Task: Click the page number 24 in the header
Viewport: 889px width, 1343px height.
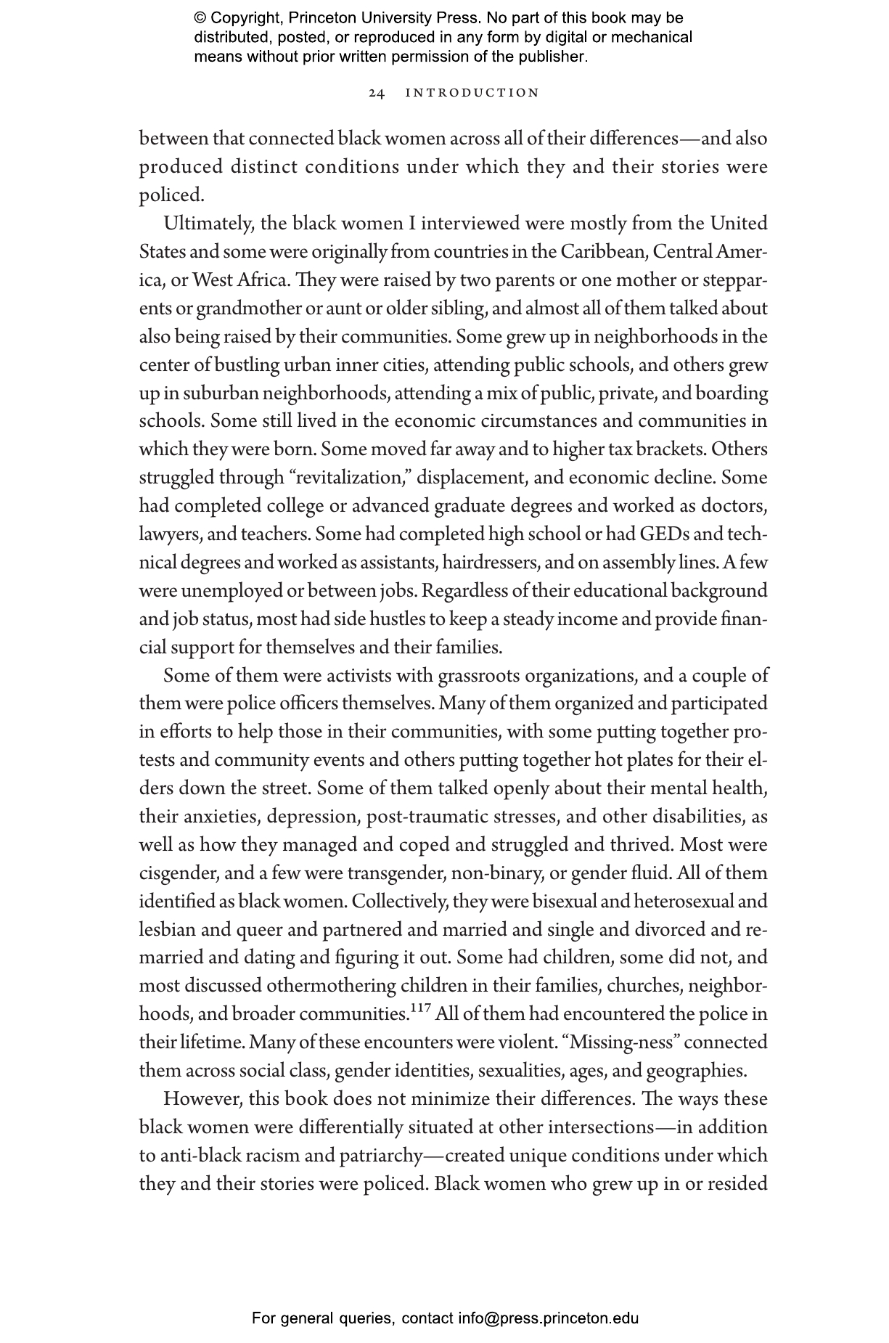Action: pyautogui.click(x=376, y=93)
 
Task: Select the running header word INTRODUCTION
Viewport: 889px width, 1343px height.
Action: pyautogui.click(x=472, y=93)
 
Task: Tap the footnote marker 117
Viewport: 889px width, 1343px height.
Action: pyautogui.click(x=420, y=1009)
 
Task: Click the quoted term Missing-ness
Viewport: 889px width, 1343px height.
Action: pyautogui.click(x=624, y=1042)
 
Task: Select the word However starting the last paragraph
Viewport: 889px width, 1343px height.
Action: pyautogui.click(x=202, y=1099)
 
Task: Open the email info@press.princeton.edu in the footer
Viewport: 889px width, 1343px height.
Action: pyautogui.click(x=548, y=1318)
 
